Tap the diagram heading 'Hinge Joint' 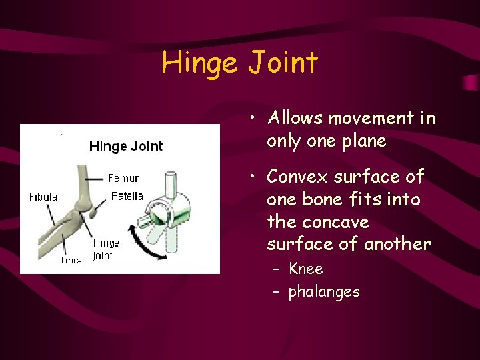pyautogui.click(x=126, y=146)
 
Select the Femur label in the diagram pyautogui.click(x=123, y=178)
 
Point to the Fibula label pyautogui.click(x=43, y=197)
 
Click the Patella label pyautogui.click(x=127, y=196)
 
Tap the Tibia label pyautogui.click(x=70, y=259)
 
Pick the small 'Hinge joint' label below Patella pyautogui.click(x=105, y=249)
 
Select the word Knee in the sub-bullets pyautogui.click(x=306, y=269)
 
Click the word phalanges pyautogui.click(x=324, y=291)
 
